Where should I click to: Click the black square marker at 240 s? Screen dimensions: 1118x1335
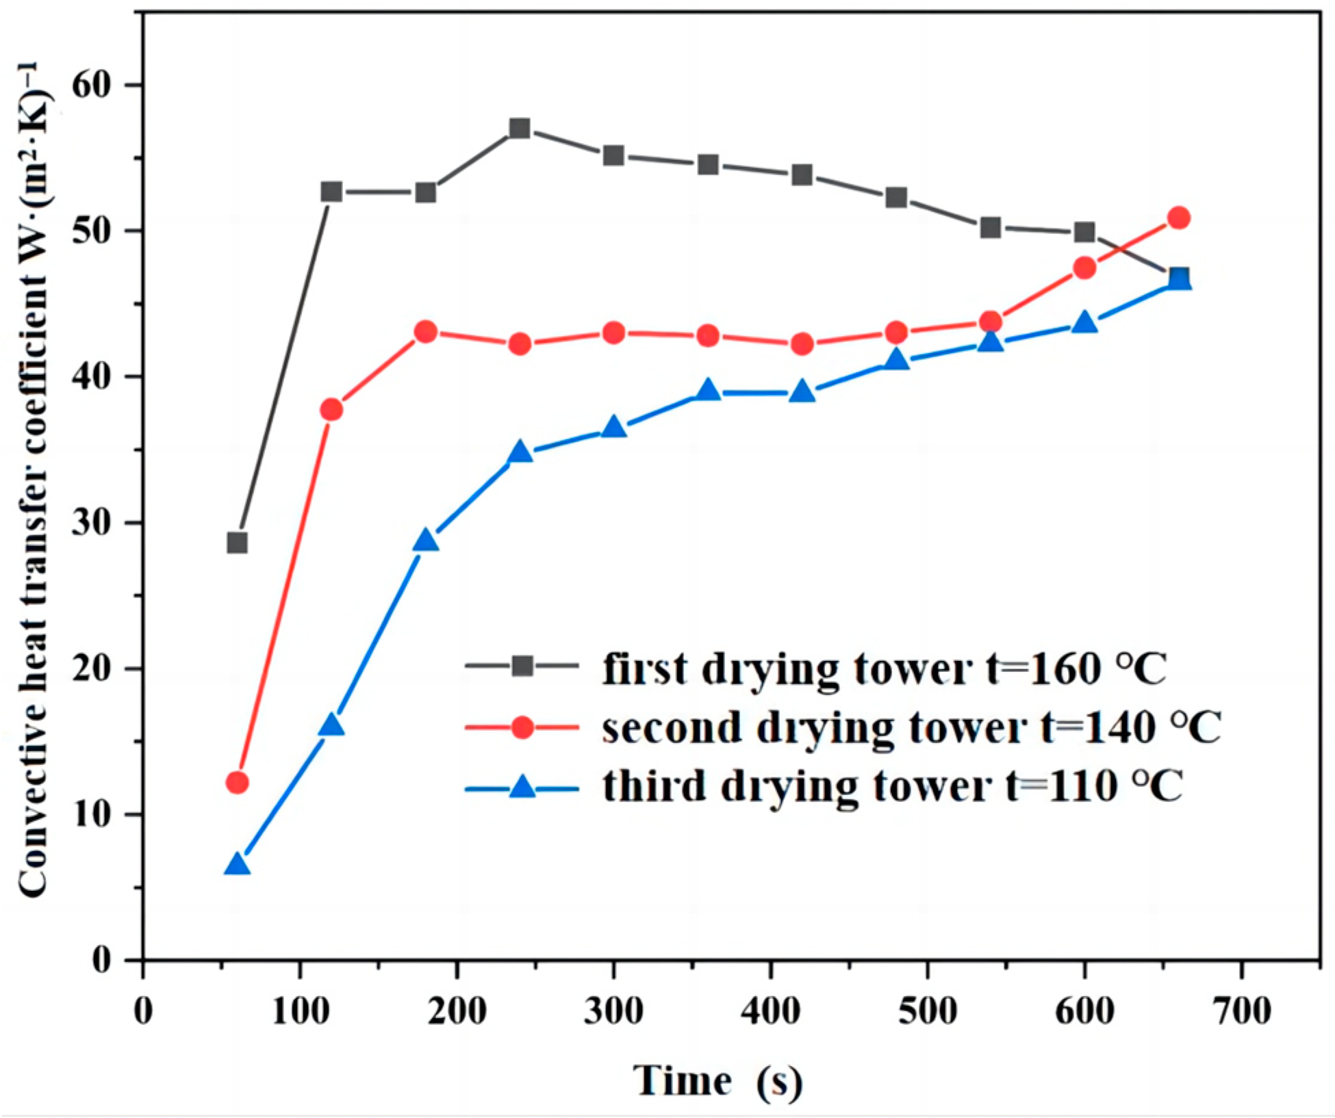[x=520, y=128]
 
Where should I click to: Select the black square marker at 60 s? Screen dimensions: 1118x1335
[x=237, y=543]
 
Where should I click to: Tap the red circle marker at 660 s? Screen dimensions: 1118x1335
[x=1178, y=218]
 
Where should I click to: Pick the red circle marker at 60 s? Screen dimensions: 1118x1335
[x=237, y=782]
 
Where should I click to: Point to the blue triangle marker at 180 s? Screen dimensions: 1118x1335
[x=426, y=541]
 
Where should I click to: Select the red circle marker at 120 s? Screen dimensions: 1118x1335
[x=331, y=409]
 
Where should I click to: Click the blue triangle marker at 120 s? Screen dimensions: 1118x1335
[x=331, y=725]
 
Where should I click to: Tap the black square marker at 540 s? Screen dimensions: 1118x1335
[x=991, y=227]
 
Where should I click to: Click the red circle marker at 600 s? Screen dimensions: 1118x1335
[x=1084, y=268]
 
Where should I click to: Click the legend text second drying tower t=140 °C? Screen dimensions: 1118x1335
[x=911, y=727]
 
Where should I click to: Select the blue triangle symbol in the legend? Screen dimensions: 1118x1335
[x=522, y=787]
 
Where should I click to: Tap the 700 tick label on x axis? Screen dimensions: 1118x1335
[x=1241, y=1011]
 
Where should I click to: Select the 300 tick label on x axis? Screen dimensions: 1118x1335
[x=613, y=1011]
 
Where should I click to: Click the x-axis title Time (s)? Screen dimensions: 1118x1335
[x=717, y=1080]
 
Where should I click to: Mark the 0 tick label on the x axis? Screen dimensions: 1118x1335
[x=143, y=1011]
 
